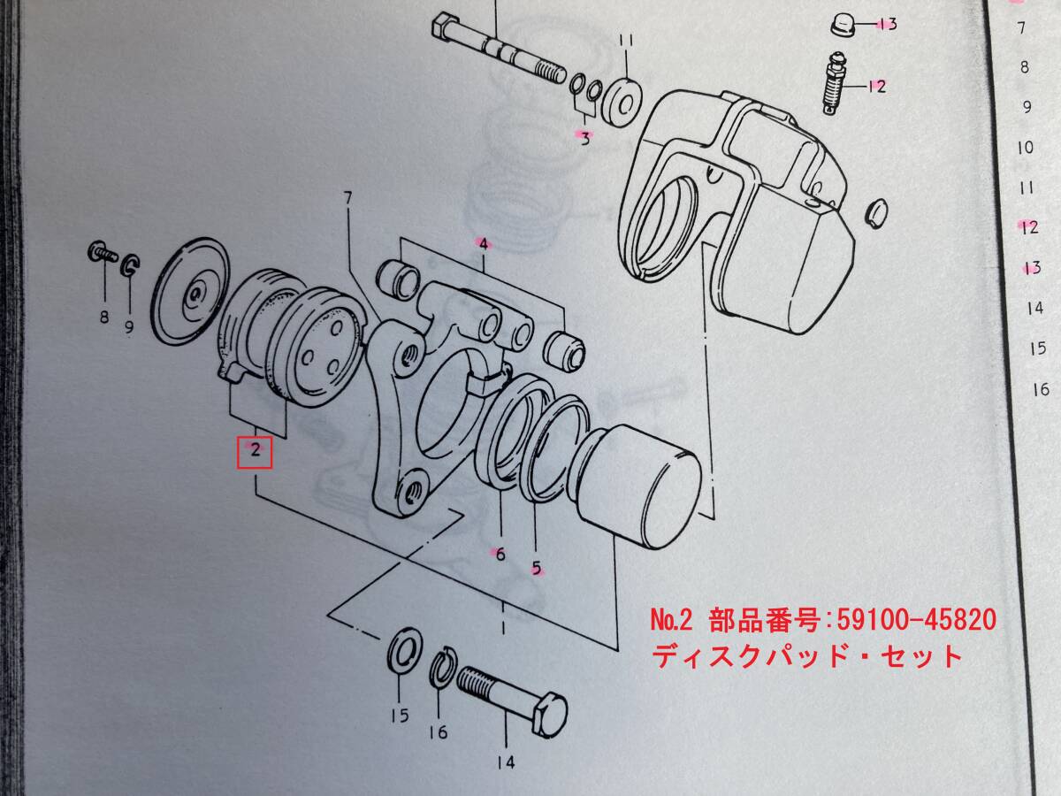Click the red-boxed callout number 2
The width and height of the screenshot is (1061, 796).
255,451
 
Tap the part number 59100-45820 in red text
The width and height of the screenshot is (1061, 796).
916,620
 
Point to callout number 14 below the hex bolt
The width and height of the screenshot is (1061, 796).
506,762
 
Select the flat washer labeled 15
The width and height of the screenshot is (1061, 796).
405,653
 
